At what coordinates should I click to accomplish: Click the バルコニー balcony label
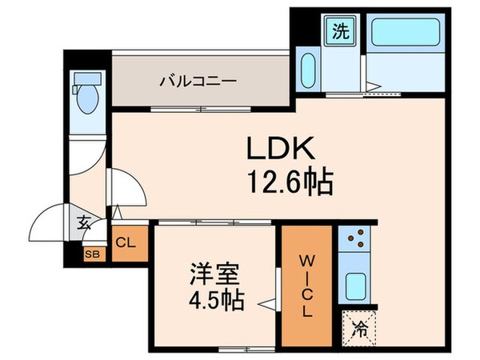point(197,81)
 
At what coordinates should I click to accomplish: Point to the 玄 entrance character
point(83,225)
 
